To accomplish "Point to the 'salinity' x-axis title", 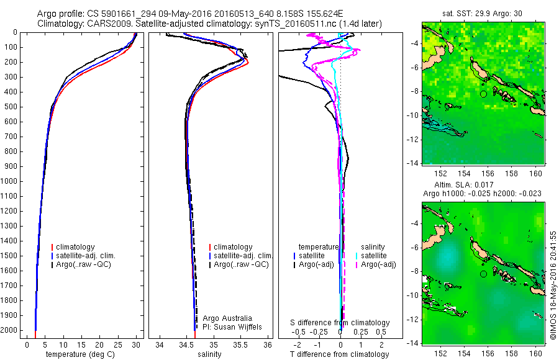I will pyautogui.click(x=210, y=354).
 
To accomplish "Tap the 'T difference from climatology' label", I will pyautogui.click(x=340, y=354).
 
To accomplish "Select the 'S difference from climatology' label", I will pyautogui.click(x=340, y=323).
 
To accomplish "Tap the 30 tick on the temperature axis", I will pyautogui.click(x=136, y=344).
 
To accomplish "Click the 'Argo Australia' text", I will pyautogui.click(x=228, y=318).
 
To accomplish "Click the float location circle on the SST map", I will pyautogui.click(x=483, y=94).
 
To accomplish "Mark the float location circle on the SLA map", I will pyautogui.click(x=483, y=274).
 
